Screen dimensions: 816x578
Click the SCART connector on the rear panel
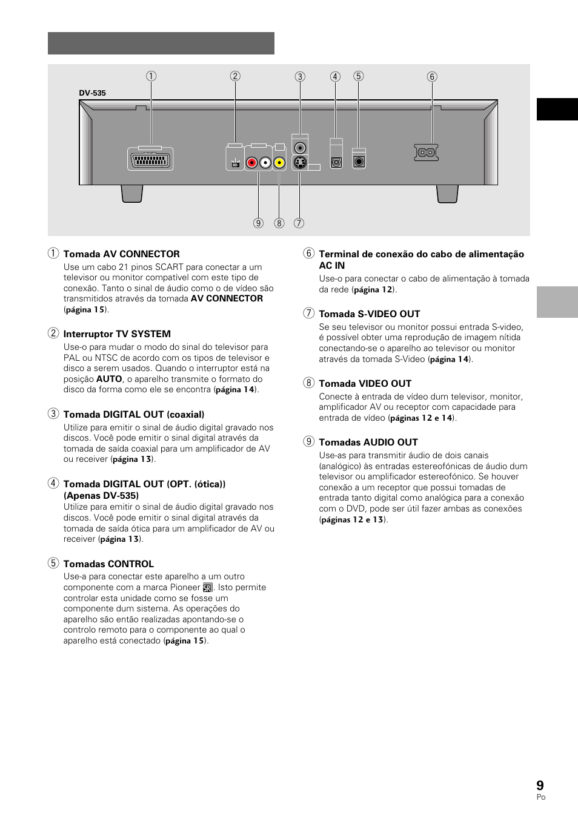point(150,159)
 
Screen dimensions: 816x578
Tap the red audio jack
point(251,162)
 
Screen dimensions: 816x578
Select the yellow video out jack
point(279,162)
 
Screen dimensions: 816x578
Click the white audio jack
point(265,162)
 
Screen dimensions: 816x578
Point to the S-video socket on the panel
point(299,162)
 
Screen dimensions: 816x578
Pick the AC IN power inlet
point(426,153)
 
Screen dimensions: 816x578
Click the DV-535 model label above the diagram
point(92,93)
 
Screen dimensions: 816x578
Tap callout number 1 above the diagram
point(151,76)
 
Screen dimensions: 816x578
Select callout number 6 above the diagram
point(432,76)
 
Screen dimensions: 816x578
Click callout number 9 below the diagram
point(259,223)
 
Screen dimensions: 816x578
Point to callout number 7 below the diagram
point(299,223)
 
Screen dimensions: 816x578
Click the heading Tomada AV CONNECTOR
point(121,254)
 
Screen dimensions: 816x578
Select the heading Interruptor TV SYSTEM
point(117,334)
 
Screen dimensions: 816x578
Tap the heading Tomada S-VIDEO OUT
point(369,314)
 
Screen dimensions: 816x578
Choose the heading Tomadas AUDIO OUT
point(368,443)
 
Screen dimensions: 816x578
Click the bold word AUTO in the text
point(109,379)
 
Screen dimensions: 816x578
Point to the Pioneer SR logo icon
point(208,588)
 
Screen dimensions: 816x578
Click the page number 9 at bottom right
point(540,785)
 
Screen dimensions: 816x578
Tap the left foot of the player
point(132,194)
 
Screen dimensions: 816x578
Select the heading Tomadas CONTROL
point(108,564)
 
